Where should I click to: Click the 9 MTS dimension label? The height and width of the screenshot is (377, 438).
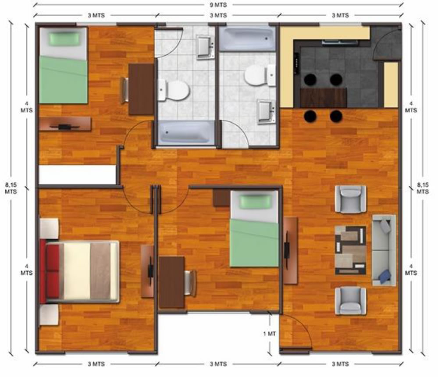[x=218, y=5]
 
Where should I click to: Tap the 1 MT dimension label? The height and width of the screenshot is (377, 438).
[x=269, y=334]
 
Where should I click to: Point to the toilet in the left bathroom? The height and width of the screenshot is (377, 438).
[x=174, y=90]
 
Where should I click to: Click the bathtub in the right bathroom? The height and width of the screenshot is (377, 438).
[x=247, y=39]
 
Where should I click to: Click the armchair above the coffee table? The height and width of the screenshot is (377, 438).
[x=351, y=199]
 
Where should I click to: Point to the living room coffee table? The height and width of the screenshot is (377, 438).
[x=351, y=250]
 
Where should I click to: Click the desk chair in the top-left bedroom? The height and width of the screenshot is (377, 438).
[x=125, y=90]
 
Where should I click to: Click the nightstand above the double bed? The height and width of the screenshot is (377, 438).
[x=49, y=228]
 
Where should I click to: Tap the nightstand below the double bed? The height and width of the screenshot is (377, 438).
[x=49, y=314]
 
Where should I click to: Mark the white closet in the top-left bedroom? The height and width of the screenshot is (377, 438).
[x=77, y=174]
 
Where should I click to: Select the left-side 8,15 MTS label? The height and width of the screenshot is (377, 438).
[x=11, y=188]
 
